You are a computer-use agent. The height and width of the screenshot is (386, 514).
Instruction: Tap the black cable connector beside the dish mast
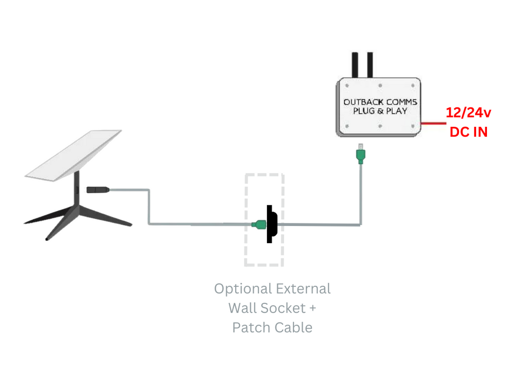pos(97,190)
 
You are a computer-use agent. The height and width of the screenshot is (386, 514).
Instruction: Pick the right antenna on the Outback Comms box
pos(370,64)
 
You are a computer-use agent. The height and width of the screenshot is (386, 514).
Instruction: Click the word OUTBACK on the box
pos(362,102)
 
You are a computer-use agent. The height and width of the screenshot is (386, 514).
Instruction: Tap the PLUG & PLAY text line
pos(380,111)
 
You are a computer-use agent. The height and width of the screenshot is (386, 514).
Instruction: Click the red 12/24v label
pos(468,113)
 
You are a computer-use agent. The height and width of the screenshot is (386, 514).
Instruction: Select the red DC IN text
pos(468,131)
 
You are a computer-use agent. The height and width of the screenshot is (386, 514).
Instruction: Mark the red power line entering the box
pos(434,124)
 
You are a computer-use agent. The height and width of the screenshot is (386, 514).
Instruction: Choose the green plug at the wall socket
pos(259,224)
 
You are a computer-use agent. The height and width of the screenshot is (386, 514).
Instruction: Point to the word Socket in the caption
pos(283,308)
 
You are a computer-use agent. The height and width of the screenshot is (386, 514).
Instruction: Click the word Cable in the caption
pos(293,328)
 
